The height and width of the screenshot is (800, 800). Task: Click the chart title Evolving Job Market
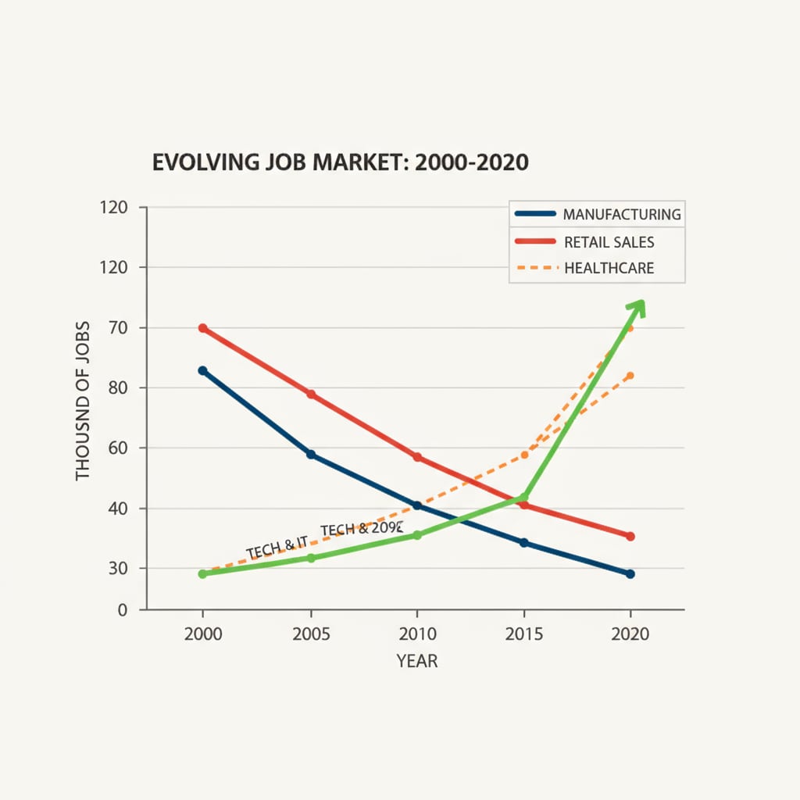tap(340, 162)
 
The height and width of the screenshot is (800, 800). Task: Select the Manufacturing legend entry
tap(598, 214)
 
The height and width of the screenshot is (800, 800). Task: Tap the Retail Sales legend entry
tap(598, 242)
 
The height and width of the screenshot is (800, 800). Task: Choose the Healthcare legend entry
tap(598, 269)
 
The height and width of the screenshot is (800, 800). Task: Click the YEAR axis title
tap(416, 662)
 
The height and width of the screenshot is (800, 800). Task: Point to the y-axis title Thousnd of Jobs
tap(84, 401)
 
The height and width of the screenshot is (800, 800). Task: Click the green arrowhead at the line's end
tap(637, 306)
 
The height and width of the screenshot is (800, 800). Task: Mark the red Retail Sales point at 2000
tap(202, 328)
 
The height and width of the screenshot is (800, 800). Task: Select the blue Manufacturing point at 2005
tap(311, 454)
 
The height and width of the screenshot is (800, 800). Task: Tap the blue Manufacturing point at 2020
tap(630, 574)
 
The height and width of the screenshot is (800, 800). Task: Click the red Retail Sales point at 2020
tap(630, 536)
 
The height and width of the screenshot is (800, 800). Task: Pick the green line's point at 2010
tap(416, 535)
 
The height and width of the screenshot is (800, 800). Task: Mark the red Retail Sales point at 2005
tap(311, 395)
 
